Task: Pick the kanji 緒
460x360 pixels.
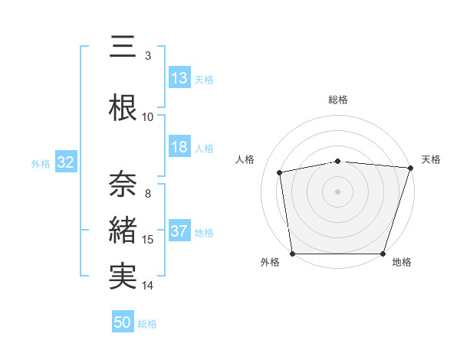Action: click(123, 230)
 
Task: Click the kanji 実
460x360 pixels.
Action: click(123, 277)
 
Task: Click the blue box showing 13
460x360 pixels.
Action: click(179, 79)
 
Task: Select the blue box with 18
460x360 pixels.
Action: click(179, 148)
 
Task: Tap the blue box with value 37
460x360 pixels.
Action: click(179, 232)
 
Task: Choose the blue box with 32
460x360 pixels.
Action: click(65, 162)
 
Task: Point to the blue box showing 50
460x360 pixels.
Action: click(123, 322)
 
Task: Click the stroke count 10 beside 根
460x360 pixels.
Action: click(148, 117)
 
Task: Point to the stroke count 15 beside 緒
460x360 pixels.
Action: click(148, 240)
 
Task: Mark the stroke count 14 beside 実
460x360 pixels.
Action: click(148, 286)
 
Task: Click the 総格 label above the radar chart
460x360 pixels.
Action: click(338, 100)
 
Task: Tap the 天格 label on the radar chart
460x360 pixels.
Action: click(431, 159)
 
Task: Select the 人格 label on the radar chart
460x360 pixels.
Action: click(245, 159)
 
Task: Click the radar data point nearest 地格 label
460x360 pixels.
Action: click(383, 254)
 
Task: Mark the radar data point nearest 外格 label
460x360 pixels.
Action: click(292, 254)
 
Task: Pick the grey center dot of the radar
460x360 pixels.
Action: click(338, 191)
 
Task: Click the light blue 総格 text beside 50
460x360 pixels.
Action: click(148, 324)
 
